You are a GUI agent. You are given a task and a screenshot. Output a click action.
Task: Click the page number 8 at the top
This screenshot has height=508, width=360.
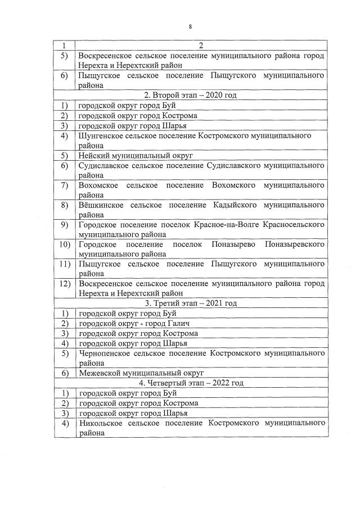click(x=190, y=26)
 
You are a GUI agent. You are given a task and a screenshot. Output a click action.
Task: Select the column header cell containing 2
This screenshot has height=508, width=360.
click(x=201, y=46)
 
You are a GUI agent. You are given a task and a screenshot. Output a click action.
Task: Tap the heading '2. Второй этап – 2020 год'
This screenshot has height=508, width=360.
click(x=190, y=95)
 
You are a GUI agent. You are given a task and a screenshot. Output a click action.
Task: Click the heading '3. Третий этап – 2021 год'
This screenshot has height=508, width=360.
click(x=190, y=303)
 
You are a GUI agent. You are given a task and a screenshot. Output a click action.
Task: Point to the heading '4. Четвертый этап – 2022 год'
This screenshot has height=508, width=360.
click(x=190, y=383)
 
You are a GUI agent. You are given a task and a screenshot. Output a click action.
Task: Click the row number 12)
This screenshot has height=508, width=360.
click(x=64, y=283)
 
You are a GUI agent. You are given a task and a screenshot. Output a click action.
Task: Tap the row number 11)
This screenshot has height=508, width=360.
click(x=64, y=264)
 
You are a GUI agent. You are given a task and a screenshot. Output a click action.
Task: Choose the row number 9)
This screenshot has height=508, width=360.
click(x=64, y=224)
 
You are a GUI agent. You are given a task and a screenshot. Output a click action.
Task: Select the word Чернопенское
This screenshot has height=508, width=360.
click(x=105, y=353)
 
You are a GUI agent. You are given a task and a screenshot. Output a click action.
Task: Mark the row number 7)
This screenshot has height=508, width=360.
click(x=64, y=185)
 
